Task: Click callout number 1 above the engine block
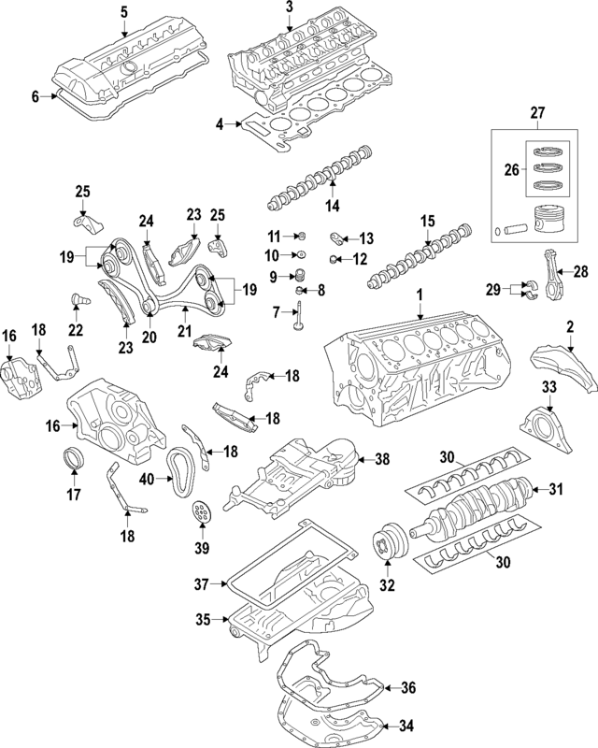point(420,295)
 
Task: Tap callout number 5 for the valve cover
point(123,11)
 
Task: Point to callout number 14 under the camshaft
point(331,205)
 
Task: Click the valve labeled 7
point(296,324)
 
